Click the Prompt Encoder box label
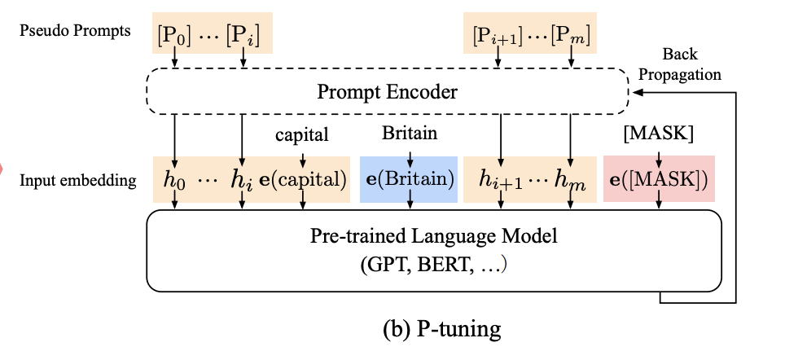388,93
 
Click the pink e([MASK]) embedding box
658,179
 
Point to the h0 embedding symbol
173,180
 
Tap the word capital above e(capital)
302,135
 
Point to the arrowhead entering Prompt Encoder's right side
637,94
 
